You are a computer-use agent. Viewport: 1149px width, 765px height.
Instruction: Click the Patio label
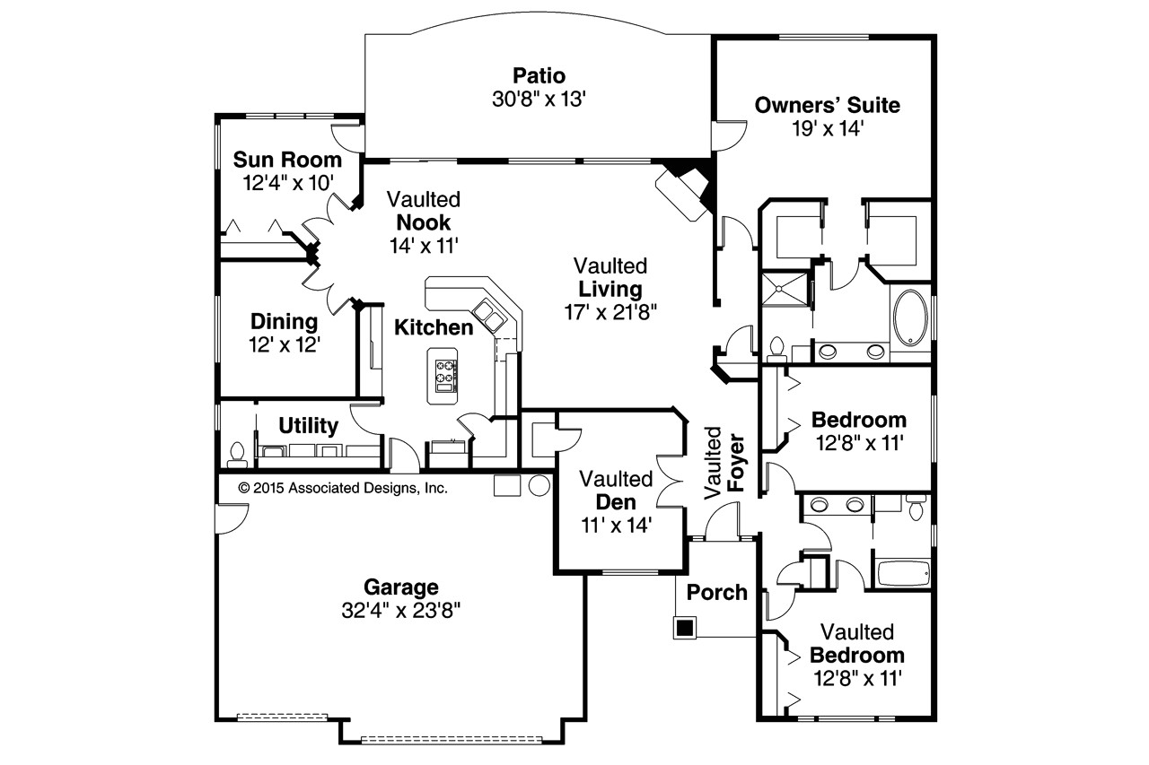(x=539, y=74)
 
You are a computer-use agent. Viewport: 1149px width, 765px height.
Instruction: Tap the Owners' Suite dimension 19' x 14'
(x=827, y=128)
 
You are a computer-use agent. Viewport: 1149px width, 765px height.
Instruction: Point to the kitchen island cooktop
(x=445, y=376)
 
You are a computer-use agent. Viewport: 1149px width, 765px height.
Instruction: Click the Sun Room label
(x=287, y=160)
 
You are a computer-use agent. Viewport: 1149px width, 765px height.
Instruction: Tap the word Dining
(x=284, y=321)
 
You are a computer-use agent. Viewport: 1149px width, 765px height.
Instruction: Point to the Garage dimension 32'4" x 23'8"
(x=400, y=611)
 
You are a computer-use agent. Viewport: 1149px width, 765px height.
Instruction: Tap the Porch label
(x=717, y=592)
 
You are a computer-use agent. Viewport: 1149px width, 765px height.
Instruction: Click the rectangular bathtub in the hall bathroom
(x=902, y=572)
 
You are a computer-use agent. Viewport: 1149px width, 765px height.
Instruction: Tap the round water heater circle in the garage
(x=539, y=485)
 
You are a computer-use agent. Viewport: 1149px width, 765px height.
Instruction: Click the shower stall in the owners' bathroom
(x=785, y=303)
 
